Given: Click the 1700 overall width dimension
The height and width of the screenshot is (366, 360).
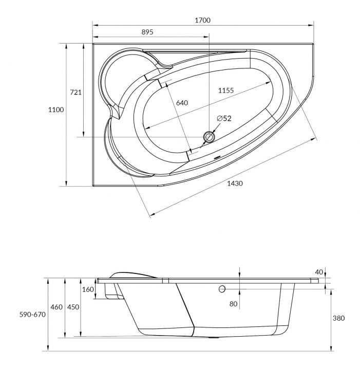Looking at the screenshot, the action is pos(202,21).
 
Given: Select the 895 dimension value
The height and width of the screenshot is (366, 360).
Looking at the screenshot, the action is pos(147,32).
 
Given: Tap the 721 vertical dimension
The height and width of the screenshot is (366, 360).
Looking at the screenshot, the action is pos(76,93).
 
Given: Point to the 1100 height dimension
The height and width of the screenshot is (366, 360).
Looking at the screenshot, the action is pos(56,109).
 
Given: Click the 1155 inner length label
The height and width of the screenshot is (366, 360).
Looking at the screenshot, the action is pos(225,90).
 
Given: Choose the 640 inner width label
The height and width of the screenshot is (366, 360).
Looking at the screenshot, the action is pos(182,103).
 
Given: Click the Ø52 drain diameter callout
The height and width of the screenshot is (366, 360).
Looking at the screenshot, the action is pos(224,119).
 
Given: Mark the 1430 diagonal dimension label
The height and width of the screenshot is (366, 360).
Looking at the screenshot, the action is pos(235,184).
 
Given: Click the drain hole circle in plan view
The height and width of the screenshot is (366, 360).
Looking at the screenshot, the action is pos(209,137).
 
